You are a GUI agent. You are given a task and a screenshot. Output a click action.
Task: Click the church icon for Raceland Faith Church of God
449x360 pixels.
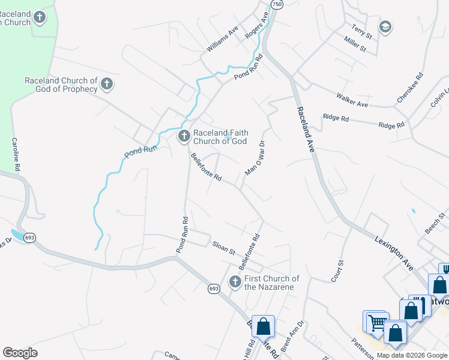pyautogui.click(x=184, y=137)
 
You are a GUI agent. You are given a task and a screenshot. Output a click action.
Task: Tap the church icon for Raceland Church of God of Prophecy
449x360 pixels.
pyautogui.click(x=107, y=84)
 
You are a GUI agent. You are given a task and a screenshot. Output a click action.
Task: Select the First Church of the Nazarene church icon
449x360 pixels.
pyautogui.click(x=235, y=281)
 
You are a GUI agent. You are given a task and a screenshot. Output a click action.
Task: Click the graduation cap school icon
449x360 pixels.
pyautogui.click(x=385, y=26)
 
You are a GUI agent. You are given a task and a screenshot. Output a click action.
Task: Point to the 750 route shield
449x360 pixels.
pyautogui.click(x=276, y=4)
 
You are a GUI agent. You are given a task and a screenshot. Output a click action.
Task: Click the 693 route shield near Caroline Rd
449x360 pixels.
pyautogui.click(x=29, y=238)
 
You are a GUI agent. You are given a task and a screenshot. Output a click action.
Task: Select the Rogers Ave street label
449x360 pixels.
pyautogui.click(x=256, y=26)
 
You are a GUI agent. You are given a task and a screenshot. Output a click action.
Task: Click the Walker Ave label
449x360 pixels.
pyautogui.click(x=352, y=100)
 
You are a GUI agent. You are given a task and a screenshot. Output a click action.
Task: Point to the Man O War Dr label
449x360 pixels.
pyautogui.click(x=255, y=158)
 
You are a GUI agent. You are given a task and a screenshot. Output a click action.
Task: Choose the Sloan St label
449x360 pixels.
pyautogui.click(x=223, y=248)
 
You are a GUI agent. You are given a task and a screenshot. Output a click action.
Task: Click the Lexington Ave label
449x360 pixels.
pyautogui.click(x=394, y=253)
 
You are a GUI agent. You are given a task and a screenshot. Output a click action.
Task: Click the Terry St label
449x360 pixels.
pyautogui.click(x=362, y=32)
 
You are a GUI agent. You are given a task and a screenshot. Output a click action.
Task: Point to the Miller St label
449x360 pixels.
pyautogui.click(x=355, y=44)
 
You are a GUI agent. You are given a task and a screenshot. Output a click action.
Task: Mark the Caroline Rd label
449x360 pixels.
pyautogui.click(x=16, y=153)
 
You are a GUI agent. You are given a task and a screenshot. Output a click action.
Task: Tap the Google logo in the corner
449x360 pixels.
pyautogui.click(x=20, y=353)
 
